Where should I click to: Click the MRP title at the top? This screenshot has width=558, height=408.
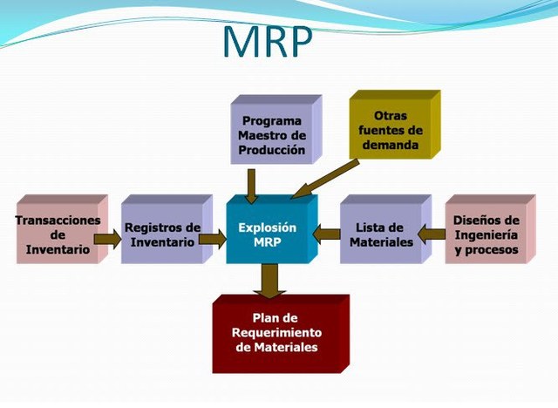[268, 41]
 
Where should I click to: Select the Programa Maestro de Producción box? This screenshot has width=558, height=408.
[276, 130]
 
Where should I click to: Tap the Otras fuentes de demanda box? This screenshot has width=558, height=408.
[395, 125]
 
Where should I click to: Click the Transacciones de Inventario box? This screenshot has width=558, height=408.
[62, 229]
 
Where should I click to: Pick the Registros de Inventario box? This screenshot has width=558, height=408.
[167, 229]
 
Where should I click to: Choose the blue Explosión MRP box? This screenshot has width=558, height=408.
[272, 229]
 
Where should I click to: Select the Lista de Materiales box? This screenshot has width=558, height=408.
[385, 229]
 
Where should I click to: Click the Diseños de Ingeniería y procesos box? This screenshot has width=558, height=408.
[490, 229]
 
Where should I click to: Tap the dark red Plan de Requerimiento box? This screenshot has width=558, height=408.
[281, 334]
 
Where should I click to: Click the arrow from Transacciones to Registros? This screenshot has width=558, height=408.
[107, 239]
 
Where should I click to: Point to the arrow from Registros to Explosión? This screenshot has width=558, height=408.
[213, 239]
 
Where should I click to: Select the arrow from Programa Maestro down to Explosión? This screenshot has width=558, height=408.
[252, 187]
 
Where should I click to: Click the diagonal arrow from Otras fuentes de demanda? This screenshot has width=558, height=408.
[325, 179]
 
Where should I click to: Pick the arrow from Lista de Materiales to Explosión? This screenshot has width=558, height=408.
[327, 235]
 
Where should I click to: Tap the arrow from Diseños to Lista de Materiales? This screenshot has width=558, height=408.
[432, 235]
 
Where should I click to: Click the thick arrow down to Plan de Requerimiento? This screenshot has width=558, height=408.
[270, 281]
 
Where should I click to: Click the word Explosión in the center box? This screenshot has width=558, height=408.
[268, 228]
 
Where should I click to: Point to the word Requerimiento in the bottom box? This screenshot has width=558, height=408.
[277, 332]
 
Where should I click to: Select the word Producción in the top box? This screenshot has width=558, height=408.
[272, 150]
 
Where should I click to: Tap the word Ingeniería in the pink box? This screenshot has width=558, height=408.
[487, 235]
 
